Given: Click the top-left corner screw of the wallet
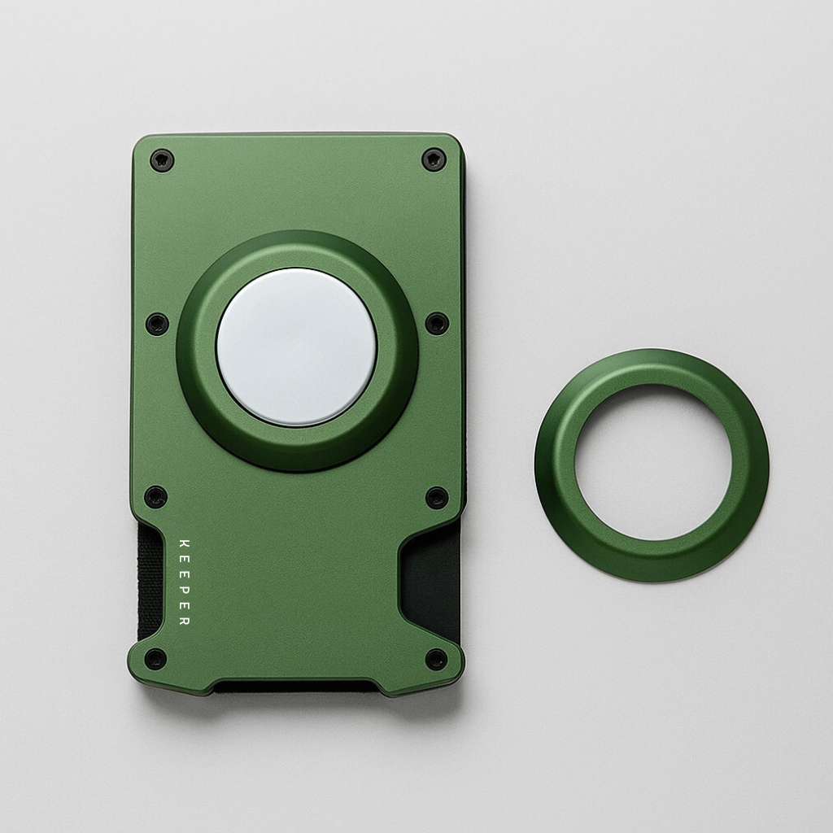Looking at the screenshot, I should click(162, 159).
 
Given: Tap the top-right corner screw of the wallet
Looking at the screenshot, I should click(434, 159).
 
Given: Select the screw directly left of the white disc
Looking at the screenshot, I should click(157, 324).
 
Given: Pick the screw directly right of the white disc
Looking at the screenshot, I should click(437, 323).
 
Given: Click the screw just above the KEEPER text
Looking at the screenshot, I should click(155, 496).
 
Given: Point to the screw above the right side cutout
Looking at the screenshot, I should click(437, 497).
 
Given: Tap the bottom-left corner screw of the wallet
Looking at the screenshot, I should click(155, 658).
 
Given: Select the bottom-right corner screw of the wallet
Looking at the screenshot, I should click(437, 659).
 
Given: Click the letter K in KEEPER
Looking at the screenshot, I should click(183, 543).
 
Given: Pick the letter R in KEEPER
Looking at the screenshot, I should click(183, 621).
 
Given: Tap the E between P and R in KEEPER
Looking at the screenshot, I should click(183, 606).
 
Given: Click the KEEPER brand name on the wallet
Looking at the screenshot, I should click(183, 582).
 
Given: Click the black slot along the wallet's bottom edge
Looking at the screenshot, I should click(296, 687).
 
